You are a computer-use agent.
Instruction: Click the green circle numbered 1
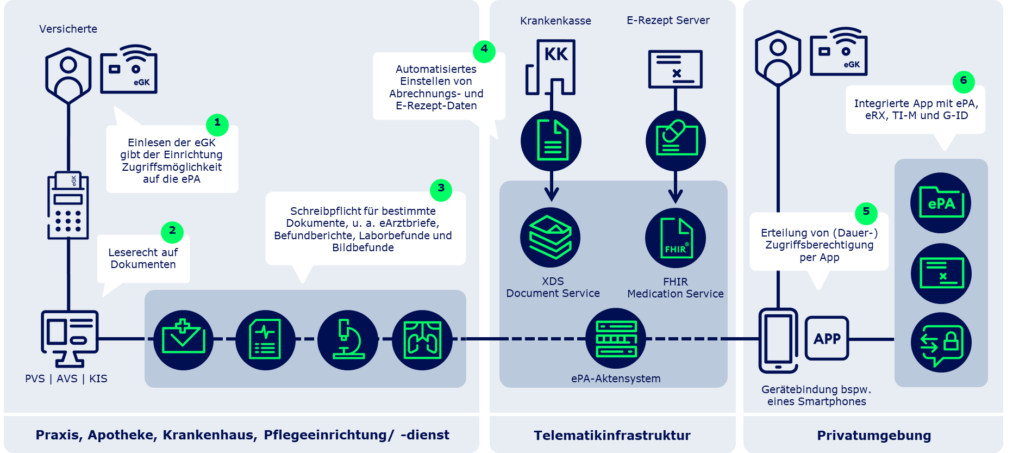pyautogui.click(x=217, y=125)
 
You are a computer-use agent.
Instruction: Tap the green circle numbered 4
pyautogui.click(x=484, y=51)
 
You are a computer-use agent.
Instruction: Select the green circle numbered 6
pyautogui.click(x=964, y=82)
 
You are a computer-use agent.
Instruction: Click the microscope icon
pyautogui.click(x=348, y=340)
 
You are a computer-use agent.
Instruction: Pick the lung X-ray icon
pyautogui.click(x=422, y=340)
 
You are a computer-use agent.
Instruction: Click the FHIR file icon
pyautogui.click(x=676, y=238)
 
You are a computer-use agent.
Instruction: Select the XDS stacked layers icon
pyautogui.click(x=550, y=237)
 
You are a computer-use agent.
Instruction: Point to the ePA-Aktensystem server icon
pyautogui.click(x=616, y=338)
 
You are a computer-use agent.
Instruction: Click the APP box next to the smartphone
pyautogui.click(x=827, y=338)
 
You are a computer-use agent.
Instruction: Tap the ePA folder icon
pyautogui.click(x=941, y=203)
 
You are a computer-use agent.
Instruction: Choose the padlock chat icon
pyautogui.click(x=941, y=343)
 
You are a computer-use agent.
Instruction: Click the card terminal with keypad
pyautogui.click(x=68, y=206)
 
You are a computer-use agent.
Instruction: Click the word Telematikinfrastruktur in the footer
pyautogui.click(x=612, y=435)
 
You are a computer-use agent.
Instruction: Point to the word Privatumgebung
pyautogui.click(x=874, y=435)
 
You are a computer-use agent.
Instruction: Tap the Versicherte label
pyautogui.click(x=68, y=29)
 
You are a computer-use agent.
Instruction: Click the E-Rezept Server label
pyautogui.click(x=668, y=20)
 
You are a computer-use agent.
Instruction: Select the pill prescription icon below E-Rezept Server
pyautogui.click(x=676, y=141)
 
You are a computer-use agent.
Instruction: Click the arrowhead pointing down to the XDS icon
pyautogui.click(x=551, y=194)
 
